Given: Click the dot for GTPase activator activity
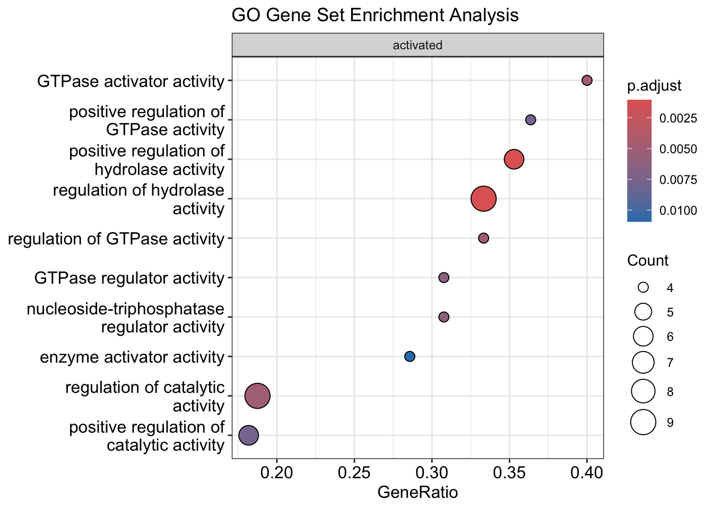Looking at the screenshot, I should pos(587,81).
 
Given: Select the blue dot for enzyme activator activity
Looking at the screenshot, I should pos(410,356).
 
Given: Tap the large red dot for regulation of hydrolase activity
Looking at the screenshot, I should pos(483,199).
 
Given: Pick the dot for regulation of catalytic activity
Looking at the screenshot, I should pos(257,396).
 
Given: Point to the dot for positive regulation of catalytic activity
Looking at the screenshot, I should pos(248,435).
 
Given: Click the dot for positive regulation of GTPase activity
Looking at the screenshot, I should pos(531,120).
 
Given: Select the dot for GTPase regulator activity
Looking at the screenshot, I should pos(444,277).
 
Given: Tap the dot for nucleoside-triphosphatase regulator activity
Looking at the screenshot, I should pos(444,317).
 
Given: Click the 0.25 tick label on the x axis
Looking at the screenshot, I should pos(354,472).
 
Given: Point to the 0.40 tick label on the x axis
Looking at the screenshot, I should pos(587,472).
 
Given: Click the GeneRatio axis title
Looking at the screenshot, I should pos(418,493).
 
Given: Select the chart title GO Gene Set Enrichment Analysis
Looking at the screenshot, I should pos(375,15).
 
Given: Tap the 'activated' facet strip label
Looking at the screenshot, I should pos(418,46).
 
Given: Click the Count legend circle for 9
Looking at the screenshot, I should pos(644,423).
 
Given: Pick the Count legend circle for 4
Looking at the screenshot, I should pos(644,287).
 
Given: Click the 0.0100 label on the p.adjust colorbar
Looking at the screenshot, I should pos(678,210).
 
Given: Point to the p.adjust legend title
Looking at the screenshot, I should pos(654,86).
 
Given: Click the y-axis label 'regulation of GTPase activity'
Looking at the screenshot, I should pos(116,239).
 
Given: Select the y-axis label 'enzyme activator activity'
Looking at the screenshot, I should pos(132,357).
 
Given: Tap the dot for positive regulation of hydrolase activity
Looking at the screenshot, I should pos(514,159).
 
